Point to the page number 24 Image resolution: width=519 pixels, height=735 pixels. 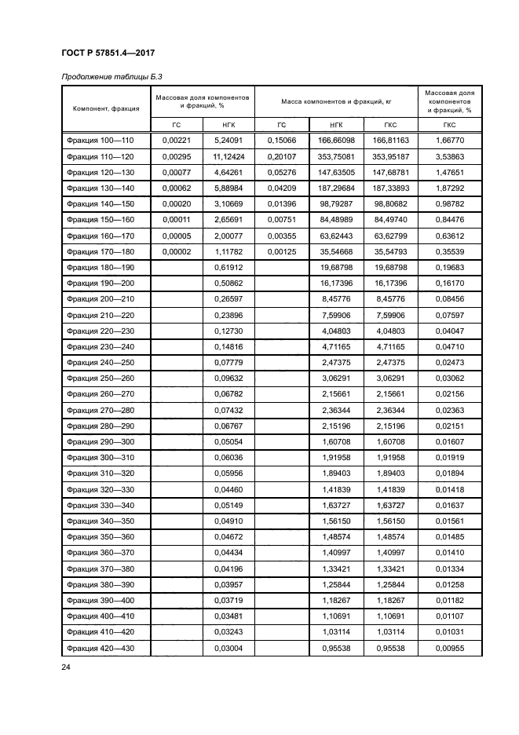(x=66, y=667)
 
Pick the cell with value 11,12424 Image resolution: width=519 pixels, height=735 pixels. (x=227, y=156)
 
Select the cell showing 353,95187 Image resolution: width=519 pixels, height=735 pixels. (x=390, y=156)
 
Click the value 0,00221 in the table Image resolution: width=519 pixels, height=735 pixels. (x=176, y=140)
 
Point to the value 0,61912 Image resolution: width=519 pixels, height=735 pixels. (x=227, y=268)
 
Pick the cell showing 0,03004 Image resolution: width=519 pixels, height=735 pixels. (x=227, y=648)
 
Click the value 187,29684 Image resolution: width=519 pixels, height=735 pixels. (x=336, y=188)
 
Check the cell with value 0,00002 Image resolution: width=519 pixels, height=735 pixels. (x=176, y=252)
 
